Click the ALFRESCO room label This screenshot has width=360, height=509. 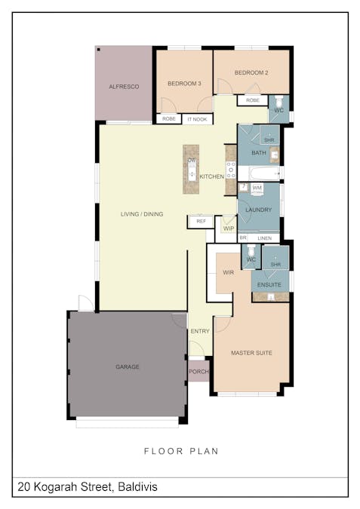coord(124,87)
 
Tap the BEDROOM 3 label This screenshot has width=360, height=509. coord(184,84)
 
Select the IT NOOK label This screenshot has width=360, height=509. coord(197,119)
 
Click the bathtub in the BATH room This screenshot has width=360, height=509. coord(265,173)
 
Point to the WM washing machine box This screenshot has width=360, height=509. coord(257,189)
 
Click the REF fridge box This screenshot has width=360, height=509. coord(201,222)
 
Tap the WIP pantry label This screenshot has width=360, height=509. coord(229,228)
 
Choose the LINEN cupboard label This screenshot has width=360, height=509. coord(264,238)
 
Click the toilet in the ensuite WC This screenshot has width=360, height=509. coord(251,251)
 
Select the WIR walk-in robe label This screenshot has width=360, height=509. coord(229,272)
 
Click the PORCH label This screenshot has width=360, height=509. coord(198,371)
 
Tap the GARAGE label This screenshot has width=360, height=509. coord(128,366)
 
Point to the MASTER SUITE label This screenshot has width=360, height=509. coord(251,353)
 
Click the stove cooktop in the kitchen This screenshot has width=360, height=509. coord(231,170)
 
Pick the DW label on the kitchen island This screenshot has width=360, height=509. coord(192,161)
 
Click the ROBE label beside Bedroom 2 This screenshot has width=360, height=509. coord(253,100)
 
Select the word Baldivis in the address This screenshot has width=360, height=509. coord(138,487)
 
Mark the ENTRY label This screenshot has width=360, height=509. coord(200,331)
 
